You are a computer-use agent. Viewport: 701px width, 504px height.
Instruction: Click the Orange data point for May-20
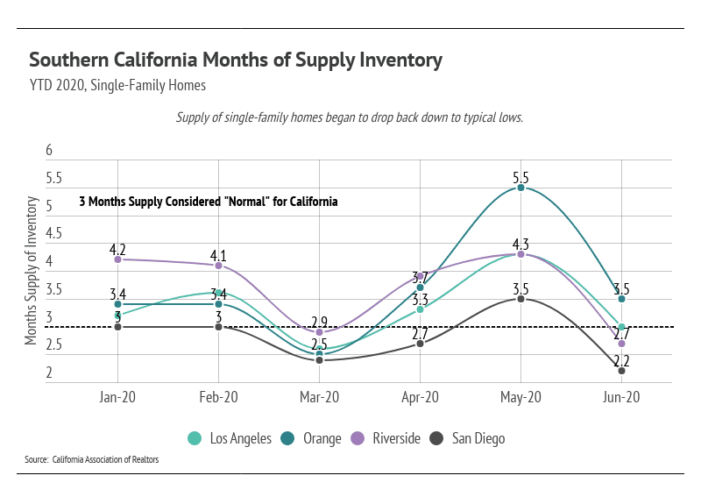point(520,188)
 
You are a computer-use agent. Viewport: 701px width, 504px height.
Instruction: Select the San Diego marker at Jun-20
point(621,371)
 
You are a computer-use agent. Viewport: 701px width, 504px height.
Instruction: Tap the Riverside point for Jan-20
point(117,259)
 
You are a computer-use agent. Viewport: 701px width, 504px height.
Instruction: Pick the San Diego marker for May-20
point(520,299)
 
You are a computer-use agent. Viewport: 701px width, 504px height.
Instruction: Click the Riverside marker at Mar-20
point(319,332)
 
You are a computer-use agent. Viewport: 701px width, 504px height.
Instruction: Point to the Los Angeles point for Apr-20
point(420,309)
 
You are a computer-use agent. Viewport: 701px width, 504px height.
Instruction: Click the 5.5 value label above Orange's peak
point(520,178)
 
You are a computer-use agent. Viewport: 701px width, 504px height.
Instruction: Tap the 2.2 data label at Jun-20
point(621,360)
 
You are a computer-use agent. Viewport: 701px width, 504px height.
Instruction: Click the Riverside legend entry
point(390,438)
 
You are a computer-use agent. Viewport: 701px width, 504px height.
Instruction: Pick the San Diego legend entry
point(469,438)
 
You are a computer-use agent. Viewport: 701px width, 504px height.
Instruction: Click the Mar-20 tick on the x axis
point(319,397)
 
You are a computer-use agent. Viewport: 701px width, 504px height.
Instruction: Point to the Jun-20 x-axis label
point(621,397)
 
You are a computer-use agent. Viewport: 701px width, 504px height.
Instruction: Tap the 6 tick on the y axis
point(49,151)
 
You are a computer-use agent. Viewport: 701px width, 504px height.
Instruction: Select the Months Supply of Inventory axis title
point(32,271)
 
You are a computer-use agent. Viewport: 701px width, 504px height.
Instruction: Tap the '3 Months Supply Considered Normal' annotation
point(209,202)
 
